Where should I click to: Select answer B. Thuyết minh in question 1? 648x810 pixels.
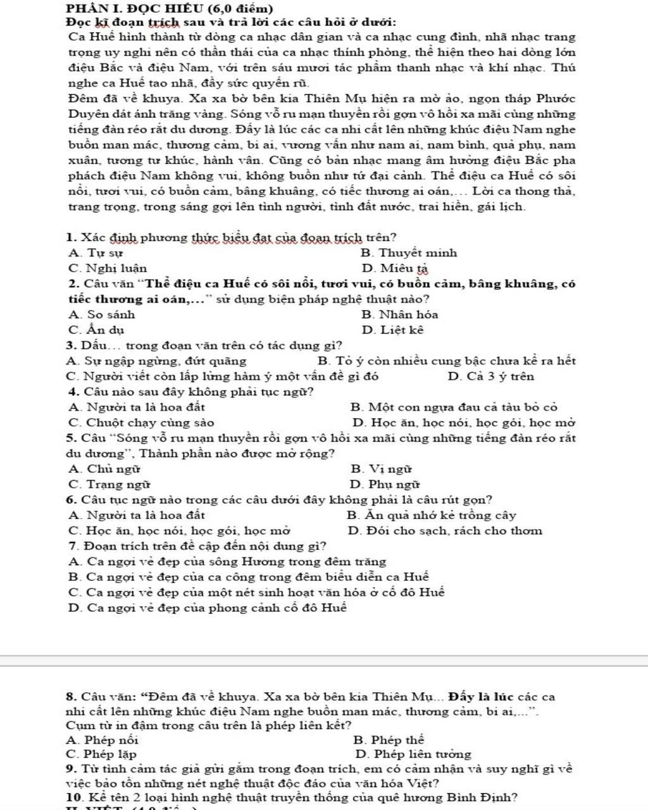pyautogui.click(x=409, y=253)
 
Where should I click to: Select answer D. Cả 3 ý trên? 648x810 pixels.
pyautogui.click(x=490, y=377)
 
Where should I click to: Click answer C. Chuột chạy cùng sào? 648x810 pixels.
pyautogui.click(x=141, y=423)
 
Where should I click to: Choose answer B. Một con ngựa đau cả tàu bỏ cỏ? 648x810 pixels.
pyautogui.click(x=453, y=408)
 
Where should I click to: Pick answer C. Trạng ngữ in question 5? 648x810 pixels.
pyautogui.click(x=109, y=485)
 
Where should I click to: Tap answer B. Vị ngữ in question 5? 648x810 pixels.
pyautogui.click(x=381, y=470)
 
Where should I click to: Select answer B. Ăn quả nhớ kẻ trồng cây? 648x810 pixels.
pyautogui.click(x=432, y=516)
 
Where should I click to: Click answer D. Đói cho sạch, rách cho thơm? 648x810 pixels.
pyautogui.click(x=445, y=531)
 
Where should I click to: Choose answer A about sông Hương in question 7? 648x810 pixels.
pyautogui.click(x=227, y=562)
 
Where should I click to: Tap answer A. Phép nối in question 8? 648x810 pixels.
pyautogui.click(x=102, y=740)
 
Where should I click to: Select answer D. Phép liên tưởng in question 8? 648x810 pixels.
pyautogui.click(x=413, y=754)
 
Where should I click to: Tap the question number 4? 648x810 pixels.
pyautogui.click(x=70, y=392)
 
